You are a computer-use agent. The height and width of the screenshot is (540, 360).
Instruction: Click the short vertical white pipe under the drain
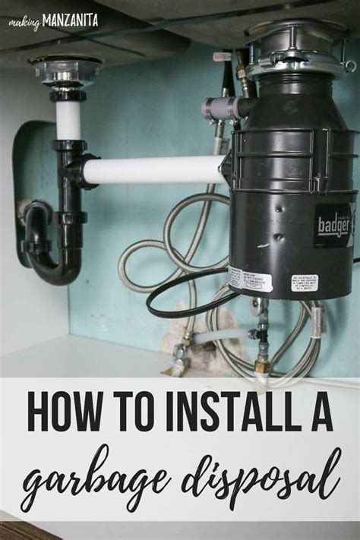pyautogui.click(x=68, y=120)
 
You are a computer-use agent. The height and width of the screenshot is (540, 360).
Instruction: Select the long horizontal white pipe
pyautogui.click(x=152, y=170)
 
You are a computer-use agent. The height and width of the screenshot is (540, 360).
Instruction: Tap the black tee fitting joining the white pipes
pyautogui.click(x=70, y=163)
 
